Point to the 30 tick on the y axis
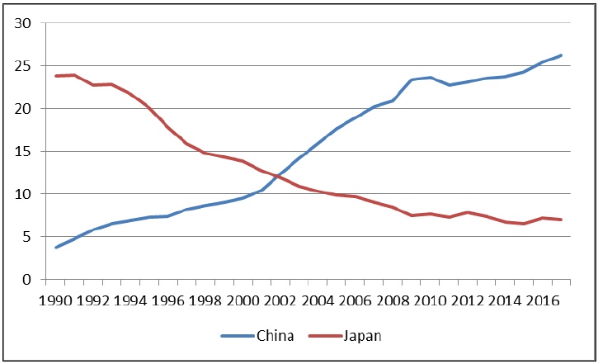tap(22, 23)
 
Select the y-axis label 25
tap(22, 66)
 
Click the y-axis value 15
tap(22, 152)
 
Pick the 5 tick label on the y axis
tap(26, 238)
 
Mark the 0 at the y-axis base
tap(26, 280)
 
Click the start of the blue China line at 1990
tap(56, 248)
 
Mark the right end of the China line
tap(562, 55)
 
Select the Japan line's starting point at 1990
tap(56, 76)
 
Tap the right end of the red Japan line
tap(562, 220)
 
